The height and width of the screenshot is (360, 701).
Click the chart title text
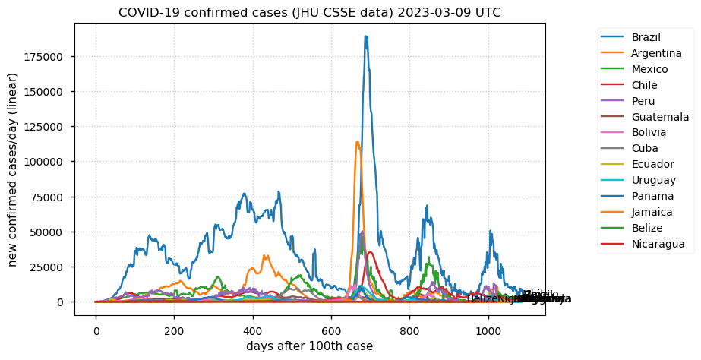(x=309, y=13)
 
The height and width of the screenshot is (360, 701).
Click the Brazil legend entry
(x=646, y=37)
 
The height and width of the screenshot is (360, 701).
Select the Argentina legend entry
(x=656, y=53)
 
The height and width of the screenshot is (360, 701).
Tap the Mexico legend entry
(x=649, y=69)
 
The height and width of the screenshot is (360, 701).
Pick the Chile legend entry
(x=644, y=85)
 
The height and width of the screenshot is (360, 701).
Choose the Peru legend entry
(x=643, y=101)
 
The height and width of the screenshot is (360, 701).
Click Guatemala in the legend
(x=660, y=117)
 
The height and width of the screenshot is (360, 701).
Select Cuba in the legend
(x=644, y=148)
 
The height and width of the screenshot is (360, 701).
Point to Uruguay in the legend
(x=653, y=180)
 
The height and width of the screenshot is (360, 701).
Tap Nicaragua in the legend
(x=658, y=244)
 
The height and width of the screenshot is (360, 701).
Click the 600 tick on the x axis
(x=331, y=330)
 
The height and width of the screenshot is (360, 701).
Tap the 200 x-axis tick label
(x=174, y=330)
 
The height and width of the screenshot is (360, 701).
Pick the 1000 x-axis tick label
(x=488, y=330)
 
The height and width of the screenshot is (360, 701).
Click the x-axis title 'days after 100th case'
(x=309, y=346)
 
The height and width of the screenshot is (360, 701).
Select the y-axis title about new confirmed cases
(x=13, y=169)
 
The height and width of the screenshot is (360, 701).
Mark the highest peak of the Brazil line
(x=365, y=36)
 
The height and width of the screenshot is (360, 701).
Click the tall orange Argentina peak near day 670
(x=357, y=142)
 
